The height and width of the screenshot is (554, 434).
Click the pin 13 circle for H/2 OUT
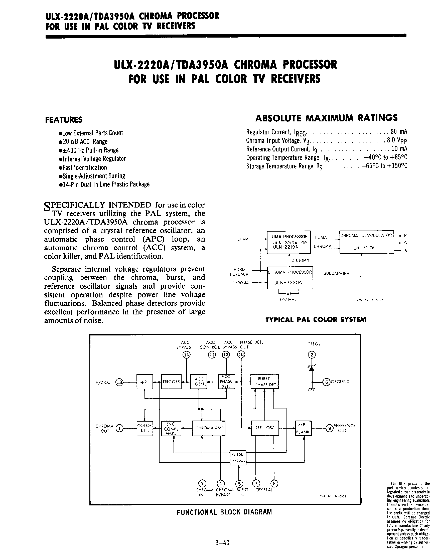[119, 382]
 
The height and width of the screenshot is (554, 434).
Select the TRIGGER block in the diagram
[171, 382]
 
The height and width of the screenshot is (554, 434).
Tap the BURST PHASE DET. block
[264, 382]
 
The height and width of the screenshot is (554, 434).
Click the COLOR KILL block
[145, 428]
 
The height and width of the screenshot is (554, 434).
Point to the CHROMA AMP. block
[209, 428]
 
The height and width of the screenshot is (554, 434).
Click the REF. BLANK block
[303, 428]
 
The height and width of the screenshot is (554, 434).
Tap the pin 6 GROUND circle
[326, 382]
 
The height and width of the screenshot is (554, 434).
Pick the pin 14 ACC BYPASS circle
[187, 354]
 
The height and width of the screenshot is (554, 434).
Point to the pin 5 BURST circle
[239, 483]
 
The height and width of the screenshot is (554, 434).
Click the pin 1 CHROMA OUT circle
[119, 428]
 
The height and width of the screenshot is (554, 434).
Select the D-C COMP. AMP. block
[171, 428]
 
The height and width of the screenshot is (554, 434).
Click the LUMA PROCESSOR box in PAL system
[289, 242]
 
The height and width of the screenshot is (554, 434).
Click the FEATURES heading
[64, 120]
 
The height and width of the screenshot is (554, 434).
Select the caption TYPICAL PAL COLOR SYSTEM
[316, 319]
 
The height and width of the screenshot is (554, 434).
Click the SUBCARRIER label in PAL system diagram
[336, 274]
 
